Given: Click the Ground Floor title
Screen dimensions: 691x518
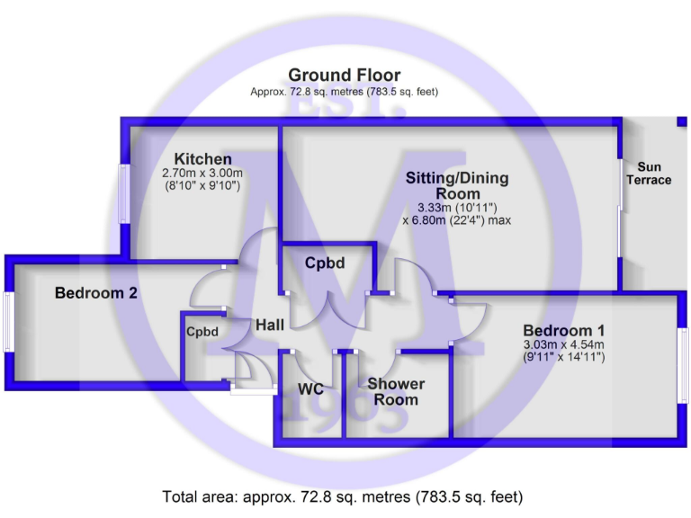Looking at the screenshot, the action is (344, 75).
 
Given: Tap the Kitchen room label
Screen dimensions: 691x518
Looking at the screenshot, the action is (203, 159).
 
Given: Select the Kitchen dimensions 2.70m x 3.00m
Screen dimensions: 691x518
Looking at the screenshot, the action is (203, 173).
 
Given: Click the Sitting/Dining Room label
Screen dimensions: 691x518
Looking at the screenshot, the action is (457, 185).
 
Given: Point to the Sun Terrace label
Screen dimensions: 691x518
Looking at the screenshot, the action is (654, 174).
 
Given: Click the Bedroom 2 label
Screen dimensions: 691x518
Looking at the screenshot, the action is (96, 293).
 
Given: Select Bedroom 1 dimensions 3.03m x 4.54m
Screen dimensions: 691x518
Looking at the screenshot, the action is (563, 344).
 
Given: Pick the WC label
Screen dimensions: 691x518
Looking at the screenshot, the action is (310, 391).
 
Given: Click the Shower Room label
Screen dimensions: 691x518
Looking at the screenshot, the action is (396, 392).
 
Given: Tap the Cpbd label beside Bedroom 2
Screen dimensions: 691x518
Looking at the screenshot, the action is (202, 332).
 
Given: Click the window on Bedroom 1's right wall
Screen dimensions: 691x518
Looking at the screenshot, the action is (682, 365).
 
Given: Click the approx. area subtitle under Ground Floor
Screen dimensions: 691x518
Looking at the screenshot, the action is (344, 92).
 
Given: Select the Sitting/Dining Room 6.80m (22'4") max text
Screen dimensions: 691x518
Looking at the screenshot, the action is (457, 219).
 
